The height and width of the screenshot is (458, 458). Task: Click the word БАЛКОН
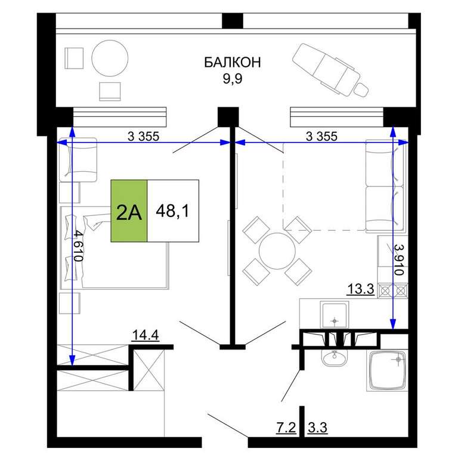(232, 63)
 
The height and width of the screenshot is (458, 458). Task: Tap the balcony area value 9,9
(233, 78)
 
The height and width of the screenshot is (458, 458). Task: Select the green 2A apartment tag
(129, 211)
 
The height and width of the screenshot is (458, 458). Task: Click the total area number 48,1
(173, 211)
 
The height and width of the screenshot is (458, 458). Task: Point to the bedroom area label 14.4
(146, 335)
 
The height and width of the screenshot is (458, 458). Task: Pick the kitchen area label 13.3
(361, 289)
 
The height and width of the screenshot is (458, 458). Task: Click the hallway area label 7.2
(286, 428)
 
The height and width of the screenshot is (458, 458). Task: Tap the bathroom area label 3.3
(317, 428)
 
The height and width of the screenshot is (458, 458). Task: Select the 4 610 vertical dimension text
(78, 246)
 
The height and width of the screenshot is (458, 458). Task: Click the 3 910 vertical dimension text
(399, 259)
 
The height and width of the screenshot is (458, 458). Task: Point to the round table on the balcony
(110, 58)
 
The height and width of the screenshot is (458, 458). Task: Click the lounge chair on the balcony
(330, 70)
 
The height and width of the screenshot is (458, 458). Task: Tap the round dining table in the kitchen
(277, 250)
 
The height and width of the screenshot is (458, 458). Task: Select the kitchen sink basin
(335, 315)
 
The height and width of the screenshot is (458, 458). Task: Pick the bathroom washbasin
(335, 358)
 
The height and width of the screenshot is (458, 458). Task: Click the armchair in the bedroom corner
(78, 159)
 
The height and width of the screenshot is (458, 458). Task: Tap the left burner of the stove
(385, 290)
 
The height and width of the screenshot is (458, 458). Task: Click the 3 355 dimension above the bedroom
(143, 136)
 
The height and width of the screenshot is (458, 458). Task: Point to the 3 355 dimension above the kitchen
(321, 136)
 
